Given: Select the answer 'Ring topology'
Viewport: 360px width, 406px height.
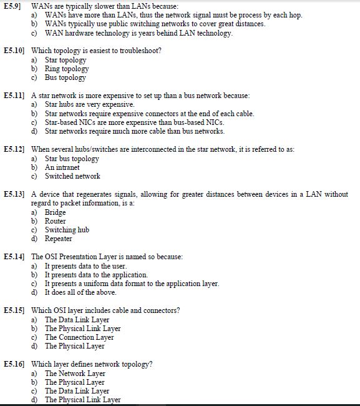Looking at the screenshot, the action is point(67,69).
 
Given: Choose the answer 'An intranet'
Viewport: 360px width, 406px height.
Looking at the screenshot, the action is point(62,167).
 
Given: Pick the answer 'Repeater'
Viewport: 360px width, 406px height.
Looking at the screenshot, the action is point(58,239).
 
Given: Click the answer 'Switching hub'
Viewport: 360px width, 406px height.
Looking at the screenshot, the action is point(67,230).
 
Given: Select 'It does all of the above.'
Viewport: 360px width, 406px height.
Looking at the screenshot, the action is point(80,292).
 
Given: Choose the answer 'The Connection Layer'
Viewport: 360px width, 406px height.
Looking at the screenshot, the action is point(79,337).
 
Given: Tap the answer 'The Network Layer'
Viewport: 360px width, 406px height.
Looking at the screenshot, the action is point(75,374).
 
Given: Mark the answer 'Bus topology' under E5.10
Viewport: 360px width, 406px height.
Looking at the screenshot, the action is point(65,77).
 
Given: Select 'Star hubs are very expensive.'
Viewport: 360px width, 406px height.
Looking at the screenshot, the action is point(89,104).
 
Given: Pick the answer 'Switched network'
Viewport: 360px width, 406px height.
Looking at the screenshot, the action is point(72,176).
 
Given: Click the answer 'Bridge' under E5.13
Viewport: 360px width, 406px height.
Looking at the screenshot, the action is point(55,212).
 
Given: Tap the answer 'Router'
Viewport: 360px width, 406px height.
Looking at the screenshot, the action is point(55,221).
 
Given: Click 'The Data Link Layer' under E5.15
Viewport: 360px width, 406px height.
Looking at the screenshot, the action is point(77,320).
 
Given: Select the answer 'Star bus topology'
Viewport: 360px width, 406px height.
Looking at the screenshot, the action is point(72,159).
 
